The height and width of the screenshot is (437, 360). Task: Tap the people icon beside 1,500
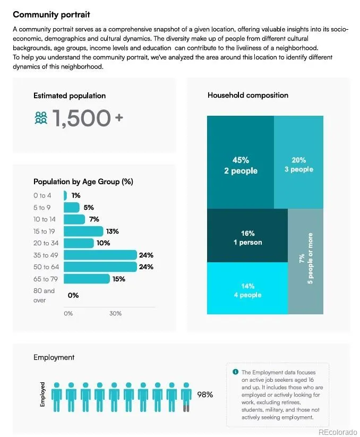[41, 118]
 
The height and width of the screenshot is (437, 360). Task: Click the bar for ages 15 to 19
[83, 232]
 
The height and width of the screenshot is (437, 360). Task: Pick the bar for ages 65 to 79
[87, 279]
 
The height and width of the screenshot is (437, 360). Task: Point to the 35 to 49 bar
[100, 255]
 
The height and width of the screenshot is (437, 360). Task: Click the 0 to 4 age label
[42, 195]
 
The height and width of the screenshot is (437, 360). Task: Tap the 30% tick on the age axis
[115, 314]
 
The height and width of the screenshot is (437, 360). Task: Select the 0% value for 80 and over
[73, 295]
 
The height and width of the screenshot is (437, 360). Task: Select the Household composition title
[248, 95]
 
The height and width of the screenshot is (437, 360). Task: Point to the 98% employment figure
[205, 395]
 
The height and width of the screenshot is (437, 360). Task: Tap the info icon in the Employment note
[235, 372]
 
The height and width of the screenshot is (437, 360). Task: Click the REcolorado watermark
[337, 431]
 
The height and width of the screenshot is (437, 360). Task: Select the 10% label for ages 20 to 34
[104, 243]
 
